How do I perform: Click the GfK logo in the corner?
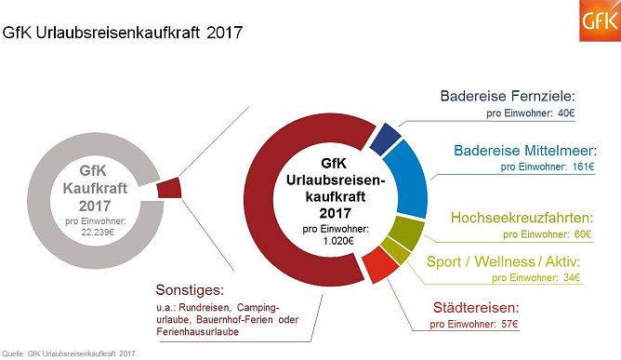coord(599,21)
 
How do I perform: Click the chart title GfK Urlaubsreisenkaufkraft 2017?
coord(123,34)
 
